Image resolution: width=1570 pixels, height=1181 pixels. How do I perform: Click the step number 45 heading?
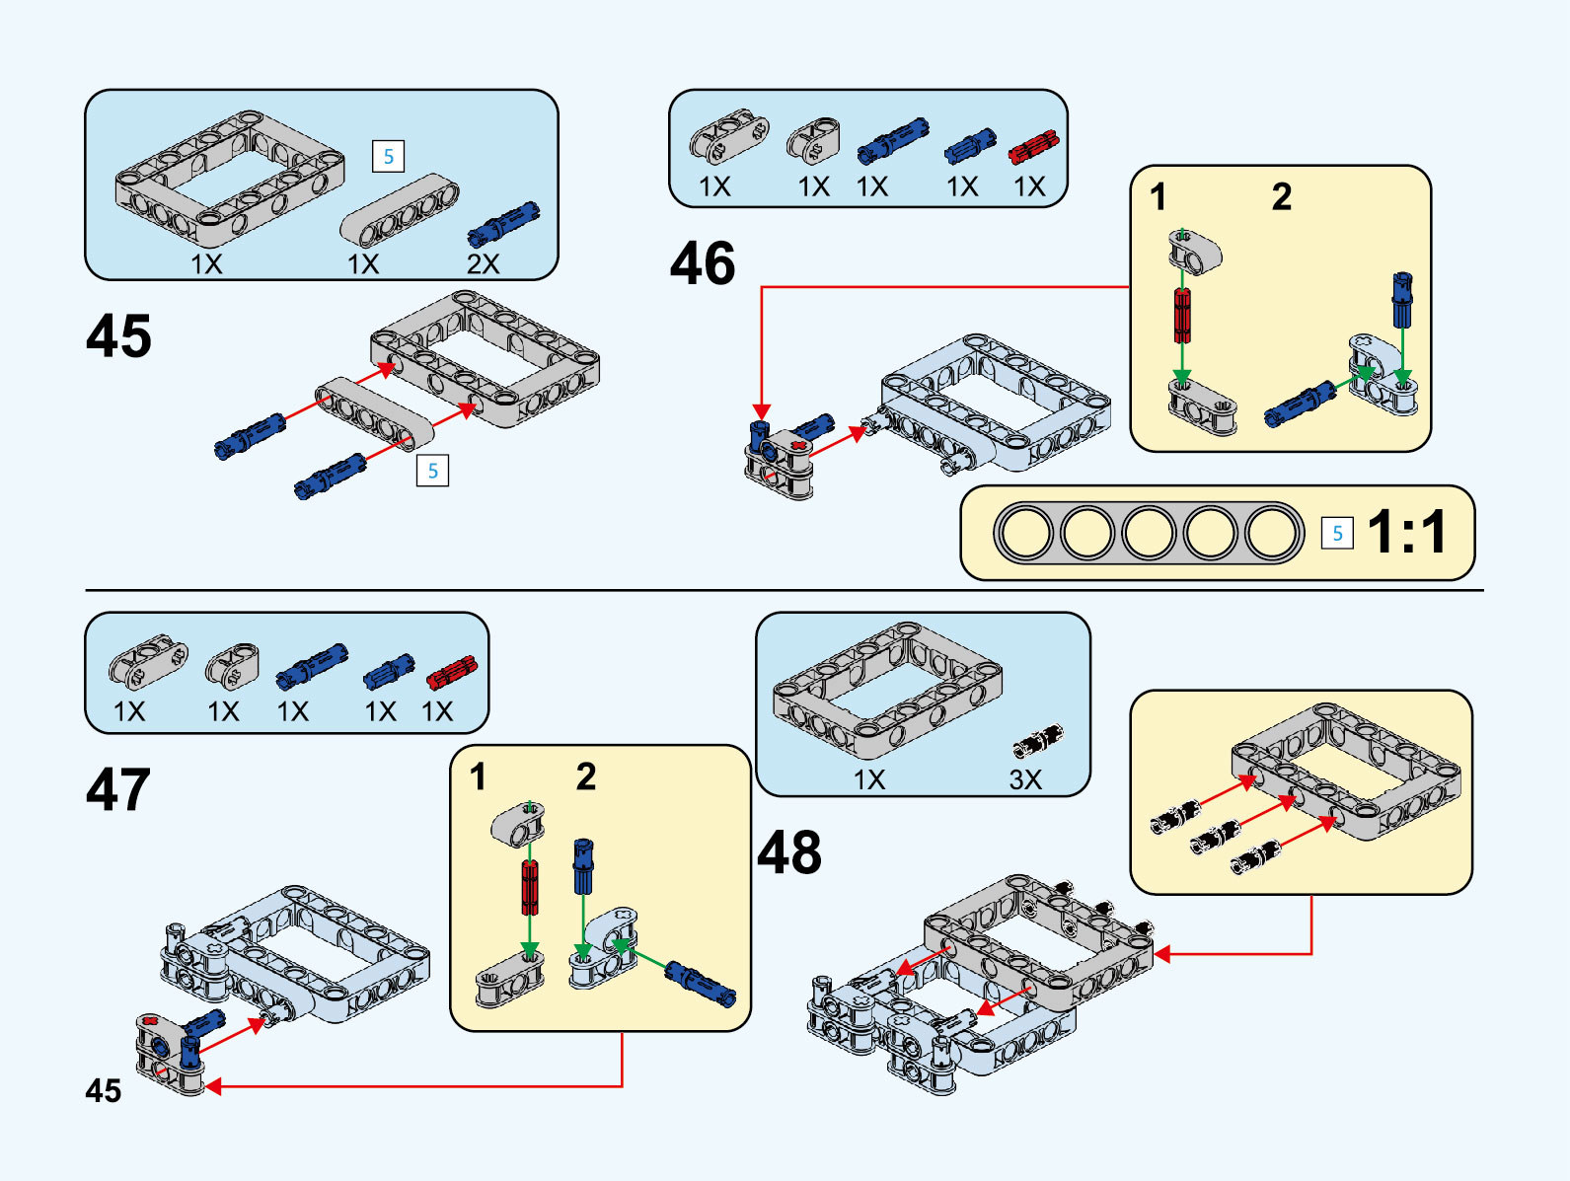click(119, 336)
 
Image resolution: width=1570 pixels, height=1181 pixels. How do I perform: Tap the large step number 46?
click(703, 263)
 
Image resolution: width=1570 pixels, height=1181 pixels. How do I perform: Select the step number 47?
click(118, 789)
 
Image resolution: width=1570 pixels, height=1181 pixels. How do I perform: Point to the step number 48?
click(789, 852)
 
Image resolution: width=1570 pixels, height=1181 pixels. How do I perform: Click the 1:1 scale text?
click(1408, 533)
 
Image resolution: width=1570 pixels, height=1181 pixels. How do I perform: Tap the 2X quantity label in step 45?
click(483, 263)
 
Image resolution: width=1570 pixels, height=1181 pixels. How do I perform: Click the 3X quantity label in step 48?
click(1025, 779)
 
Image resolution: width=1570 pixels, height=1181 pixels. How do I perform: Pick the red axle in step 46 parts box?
click(1033, 148)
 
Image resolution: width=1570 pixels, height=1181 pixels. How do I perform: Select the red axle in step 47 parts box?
click(452, 673)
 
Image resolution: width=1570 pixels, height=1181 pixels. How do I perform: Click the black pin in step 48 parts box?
click(1038, 741)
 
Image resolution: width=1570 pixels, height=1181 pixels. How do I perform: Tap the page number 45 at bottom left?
click(104, 1090)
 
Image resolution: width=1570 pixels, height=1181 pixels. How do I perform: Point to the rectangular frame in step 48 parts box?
click(887, 689)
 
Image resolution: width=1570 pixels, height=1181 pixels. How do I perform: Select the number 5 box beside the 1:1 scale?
click(1337, 534)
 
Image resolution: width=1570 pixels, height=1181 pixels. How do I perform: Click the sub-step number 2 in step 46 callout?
click(1281, 196)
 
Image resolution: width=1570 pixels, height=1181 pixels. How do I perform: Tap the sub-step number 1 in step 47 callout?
click(479, 776)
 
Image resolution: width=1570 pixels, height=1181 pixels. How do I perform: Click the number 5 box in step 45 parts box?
click(388, 156)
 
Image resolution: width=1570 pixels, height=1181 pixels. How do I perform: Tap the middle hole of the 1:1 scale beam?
click(1149, 533)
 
